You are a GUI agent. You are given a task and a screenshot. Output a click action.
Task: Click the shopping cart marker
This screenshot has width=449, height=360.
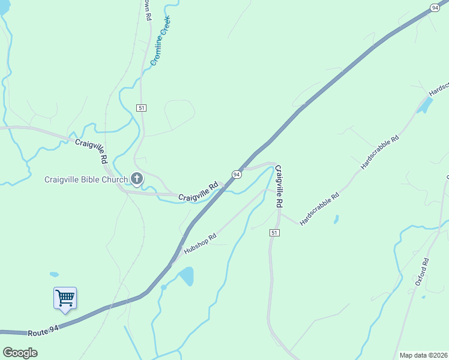click(65, 298)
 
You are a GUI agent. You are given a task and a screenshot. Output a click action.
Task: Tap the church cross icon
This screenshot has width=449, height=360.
click(137, 179)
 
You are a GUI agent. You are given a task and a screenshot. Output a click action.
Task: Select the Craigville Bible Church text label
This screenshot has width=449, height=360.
click(86, 179)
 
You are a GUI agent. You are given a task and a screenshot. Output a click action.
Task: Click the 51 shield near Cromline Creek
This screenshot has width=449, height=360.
click(142, 107)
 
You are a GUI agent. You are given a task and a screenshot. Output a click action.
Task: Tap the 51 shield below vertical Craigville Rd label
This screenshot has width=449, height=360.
click(275, 232)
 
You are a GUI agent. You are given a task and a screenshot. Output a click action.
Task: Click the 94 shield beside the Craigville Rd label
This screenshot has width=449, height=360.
click(237, 174)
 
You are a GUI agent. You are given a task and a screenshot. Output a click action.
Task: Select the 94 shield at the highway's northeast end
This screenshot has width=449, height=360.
click(435, 7)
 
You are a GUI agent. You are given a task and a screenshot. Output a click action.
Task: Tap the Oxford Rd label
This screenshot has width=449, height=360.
click(421, 271)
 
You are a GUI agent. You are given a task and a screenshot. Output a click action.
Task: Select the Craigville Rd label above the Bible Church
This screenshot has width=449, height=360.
click(91, 152)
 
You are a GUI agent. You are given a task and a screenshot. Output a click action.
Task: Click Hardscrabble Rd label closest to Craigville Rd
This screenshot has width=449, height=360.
click(319, 209)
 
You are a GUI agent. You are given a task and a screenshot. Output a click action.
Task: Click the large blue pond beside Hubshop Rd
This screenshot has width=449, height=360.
click(186, 276)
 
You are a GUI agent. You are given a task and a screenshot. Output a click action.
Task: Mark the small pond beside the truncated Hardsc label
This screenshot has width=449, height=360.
click(425, 106)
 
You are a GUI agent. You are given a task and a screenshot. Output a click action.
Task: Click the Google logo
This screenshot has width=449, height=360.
click(20, 352)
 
